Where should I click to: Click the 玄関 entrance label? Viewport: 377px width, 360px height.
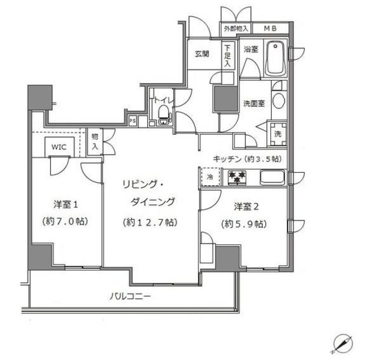pyautogui.click(x=201, y=54)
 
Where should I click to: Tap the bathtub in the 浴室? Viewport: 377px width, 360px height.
pyautogui.click(x=275, y=58)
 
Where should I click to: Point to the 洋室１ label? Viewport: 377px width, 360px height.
pyautogui.click(x=66, y=205)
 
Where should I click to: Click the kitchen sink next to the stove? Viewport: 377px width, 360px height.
pyautogui.click(x=272, y=177)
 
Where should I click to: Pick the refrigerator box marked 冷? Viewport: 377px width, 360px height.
pyautogui.click(x=209, y=177)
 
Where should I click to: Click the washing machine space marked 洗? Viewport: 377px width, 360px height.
pyautogui.click(x=277, y=133)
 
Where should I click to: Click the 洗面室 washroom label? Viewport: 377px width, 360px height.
pyautogui.click(x=254, y=103)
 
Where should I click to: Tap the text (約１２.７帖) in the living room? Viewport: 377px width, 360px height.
pyautogui.click(x=148, y=222)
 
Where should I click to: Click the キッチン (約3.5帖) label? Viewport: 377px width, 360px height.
pyautogui.click(x=247, y=160)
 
